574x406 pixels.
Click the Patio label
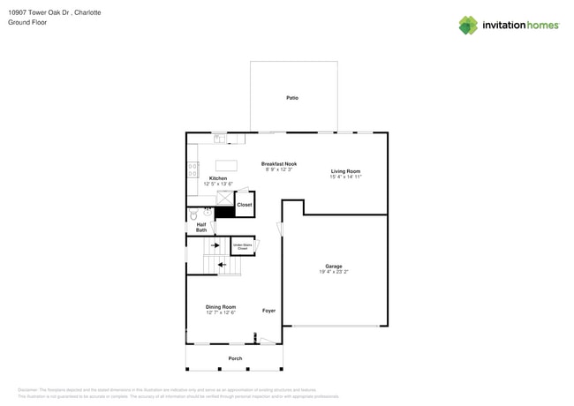pos(292,98)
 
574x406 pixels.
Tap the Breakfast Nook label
pos(278,163)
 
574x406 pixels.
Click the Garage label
pos(334,266)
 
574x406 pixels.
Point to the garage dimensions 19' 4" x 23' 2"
pos(334,272)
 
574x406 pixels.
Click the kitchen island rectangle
pos(226,166)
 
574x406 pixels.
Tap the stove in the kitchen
pos(193,169)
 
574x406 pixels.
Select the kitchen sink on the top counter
pos(219,139)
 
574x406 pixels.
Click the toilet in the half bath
pos(194,214)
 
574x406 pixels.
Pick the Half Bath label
pos(201,227)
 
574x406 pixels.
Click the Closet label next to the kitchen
pos(244,205)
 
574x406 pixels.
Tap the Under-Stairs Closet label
pos(242,246)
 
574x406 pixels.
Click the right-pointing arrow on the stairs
pos(215,245)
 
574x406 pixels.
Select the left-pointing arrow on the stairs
pos(222,264)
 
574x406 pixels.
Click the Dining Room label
pos(221,307)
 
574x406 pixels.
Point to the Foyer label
pos(268,311)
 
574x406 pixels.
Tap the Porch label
pos(235,358)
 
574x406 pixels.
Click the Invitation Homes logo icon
pos(468,26)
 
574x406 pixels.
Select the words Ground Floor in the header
pos(27,23)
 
